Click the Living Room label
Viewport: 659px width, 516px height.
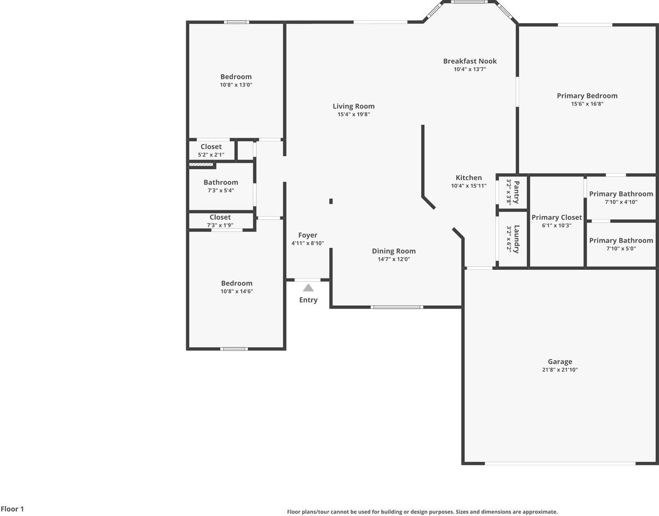click(x=353, y=106)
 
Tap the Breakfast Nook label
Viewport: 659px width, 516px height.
click(x=470, y=61)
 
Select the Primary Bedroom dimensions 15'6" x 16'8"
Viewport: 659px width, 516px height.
click(x=587, y=104)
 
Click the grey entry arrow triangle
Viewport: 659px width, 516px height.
click(x=308, y=288)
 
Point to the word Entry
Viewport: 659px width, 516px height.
click(x=308, y=300)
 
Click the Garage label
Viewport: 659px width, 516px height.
click(x=560, y=362)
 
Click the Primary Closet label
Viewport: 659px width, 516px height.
click(x=557, y=218)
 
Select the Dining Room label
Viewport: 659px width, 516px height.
click(x=394, y=251)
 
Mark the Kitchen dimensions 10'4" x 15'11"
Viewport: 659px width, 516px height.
click(x=469, y=186)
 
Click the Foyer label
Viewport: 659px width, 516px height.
click(x=308, y=235)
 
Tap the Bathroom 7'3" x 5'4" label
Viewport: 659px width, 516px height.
click(x=221, y=183)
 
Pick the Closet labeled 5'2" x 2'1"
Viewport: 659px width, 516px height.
click(x=211, y=147)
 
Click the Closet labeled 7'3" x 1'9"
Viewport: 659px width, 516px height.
click(x=220, y=218)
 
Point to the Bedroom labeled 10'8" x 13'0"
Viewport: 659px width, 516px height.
click(x=236, y=77)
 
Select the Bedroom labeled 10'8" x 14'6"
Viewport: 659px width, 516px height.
click(x=237, y=283)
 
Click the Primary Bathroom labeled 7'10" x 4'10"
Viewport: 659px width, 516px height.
click(x=621, y=194)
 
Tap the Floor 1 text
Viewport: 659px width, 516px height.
click(x=12, y=509)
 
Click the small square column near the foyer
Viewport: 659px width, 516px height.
click(x=331, y=202)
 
